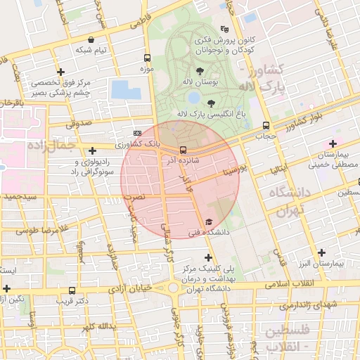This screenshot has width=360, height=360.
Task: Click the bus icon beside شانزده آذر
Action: (183, 150)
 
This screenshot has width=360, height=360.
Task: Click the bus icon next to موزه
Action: (147, 58)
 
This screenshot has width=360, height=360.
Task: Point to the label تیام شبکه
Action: (91, 49)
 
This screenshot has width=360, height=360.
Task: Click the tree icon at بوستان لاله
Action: (200, 72)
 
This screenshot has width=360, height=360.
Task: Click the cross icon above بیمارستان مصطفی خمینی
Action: (333, 144)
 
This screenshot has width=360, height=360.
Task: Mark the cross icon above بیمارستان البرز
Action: (322, 252)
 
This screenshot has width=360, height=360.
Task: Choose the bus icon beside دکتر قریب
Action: (72, 290)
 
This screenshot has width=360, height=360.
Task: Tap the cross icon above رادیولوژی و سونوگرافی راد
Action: (93, 150)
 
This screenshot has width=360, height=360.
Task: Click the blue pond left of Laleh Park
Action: (126, 90)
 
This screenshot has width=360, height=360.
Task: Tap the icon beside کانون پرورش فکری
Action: (224, 29)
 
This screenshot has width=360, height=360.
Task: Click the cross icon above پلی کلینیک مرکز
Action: (208, 257)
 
